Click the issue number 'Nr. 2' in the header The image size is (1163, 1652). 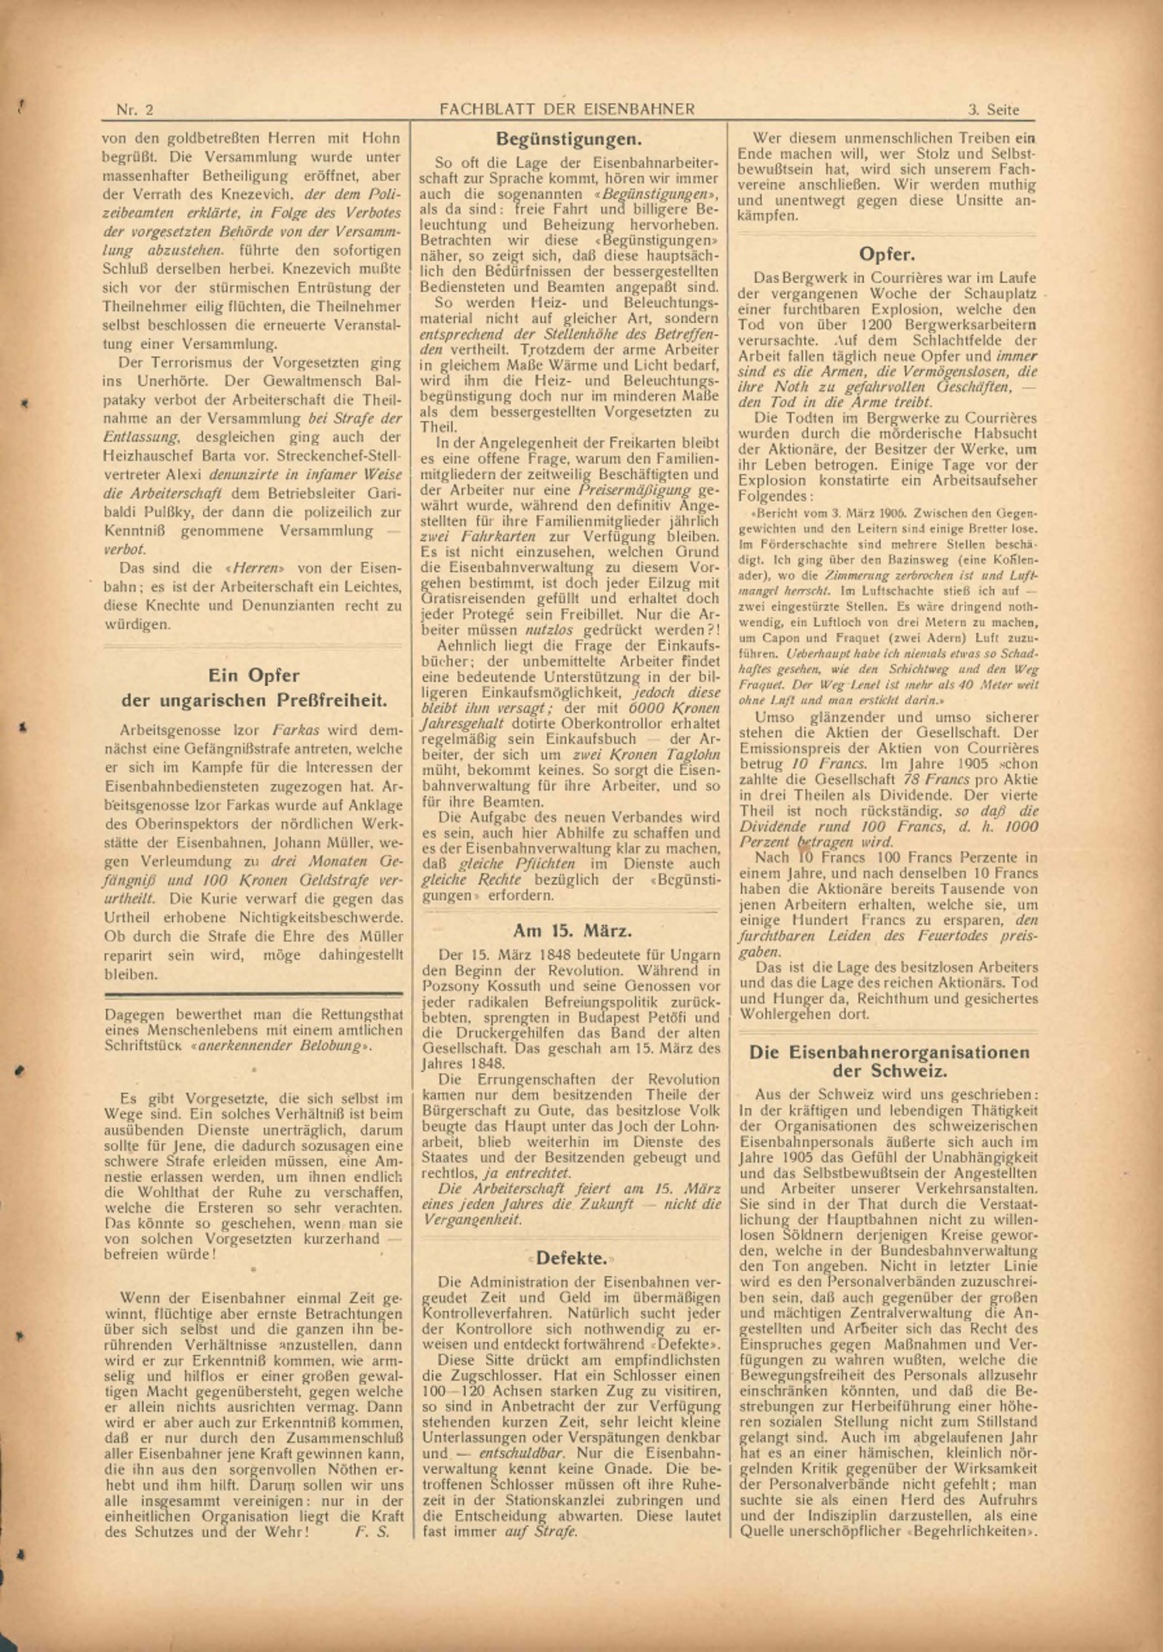pyautogui.click(x=134, y=109)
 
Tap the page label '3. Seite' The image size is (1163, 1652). pyautogui.click(x=993, y=109)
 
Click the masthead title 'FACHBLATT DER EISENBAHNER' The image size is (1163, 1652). pyautogui.click(x=567, y=109)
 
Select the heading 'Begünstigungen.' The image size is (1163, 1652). pyautogui.click(x=568, y=139)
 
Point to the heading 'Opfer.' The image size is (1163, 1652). pyautogui.click(x=886, y=254)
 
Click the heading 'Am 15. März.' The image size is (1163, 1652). pyautogui.click(x=572, y=931)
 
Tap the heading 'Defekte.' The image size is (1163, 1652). pyautogui.click(x=571, y=1257)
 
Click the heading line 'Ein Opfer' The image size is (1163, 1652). pyautogui.click(x=254, y=675)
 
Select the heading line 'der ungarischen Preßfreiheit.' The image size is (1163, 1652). pyautogui.click(x=254, y=700)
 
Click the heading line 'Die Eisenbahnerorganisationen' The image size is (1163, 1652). pyautogui.click(x=889, y=1052)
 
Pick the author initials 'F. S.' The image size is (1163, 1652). pyautogui.click(x=372, y=1531)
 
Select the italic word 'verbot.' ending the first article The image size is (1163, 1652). pyautogui.click(x=125, y=549)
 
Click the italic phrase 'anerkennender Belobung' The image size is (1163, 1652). pyautogui.click(x=280, y=1046)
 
